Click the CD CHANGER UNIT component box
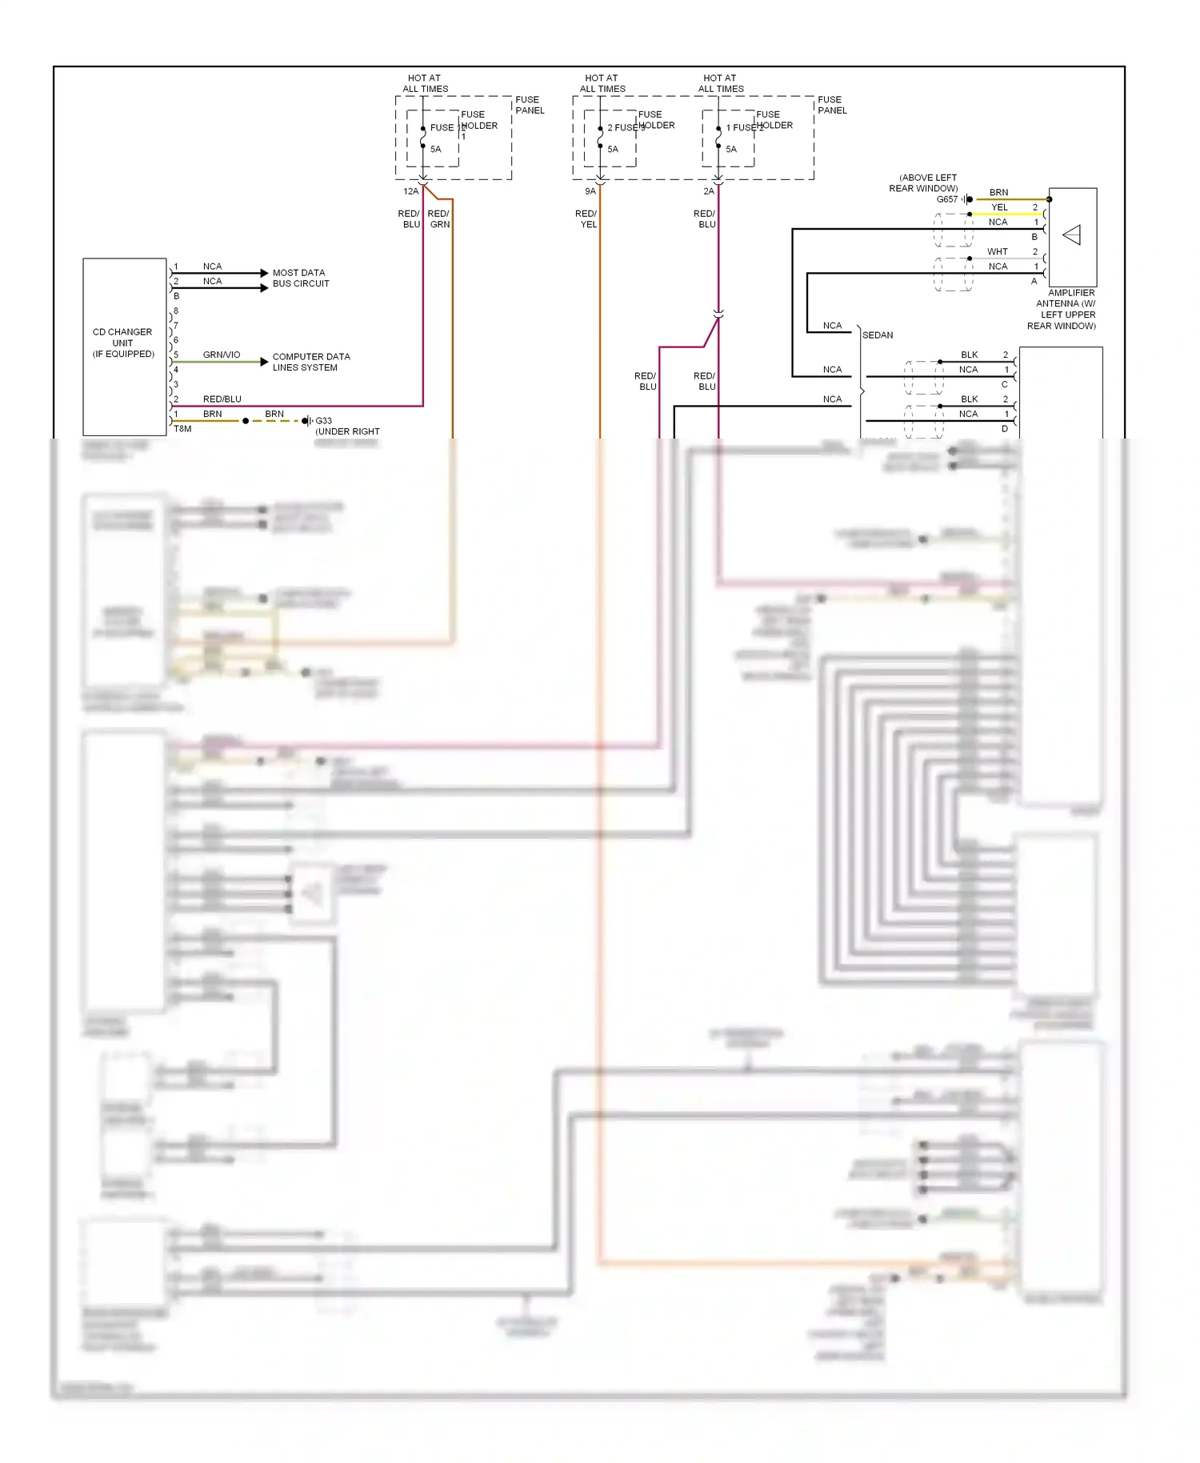point(124,346)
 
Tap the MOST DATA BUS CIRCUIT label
point(300,278)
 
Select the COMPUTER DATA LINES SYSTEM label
point(310,362)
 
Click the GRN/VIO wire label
point(222,355)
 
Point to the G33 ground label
point(323,420)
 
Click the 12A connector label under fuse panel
point(410,191)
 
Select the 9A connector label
point(590,191)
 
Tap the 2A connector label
point(708,191)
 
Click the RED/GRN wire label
point(438,218)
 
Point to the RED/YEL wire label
point(586,218)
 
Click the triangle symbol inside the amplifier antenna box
point(1072,234)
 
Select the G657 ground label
point(947,199)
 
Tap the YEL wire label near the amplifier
point(999,207)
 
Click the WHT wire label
point(998,251)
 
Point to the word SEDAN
point(878,335)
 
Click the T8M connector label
point(182,429)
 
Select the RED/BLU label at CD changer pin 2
point(222,399)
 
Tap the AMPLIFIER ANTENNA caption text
point(1065,309)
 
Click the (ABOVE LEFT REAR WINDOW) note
point(924,182)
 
